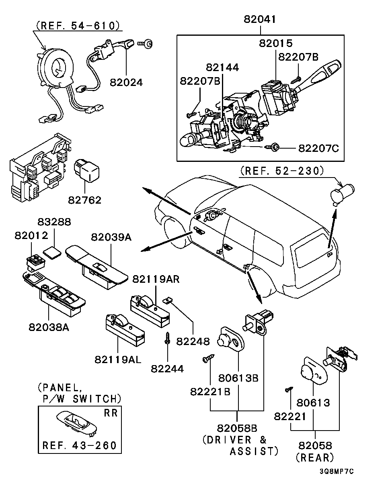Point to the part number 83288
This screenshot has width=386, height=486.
54,222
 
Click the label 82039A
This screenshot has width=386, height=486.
111,237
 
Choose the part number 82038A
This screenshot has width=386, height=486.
49,327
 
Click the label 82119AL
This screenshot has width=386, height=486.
118,359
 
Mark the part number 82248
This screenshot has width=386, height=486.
193,341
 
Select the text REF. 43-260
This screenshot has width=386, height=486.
80,445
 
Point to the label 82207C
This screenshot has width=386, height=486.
318,148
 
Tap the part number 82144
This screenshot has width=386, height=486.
223,67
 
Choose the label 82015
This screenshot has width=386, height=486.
275,43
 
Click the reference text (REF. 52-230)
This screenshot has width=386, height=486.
281,172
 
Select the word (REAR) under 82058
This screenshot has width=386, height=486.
314,457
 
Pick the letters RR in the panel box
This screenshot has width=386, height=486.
111,413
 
